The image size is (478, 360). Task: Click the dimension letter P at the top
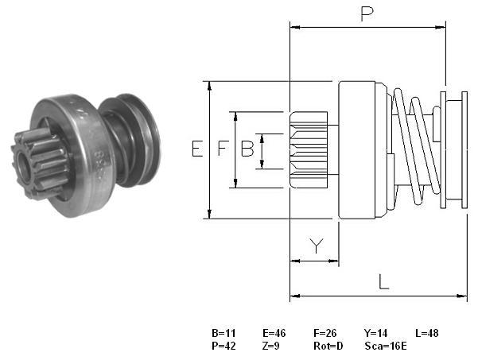(x=367, y=14)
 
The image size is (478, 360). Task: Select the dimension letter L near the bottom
(x=383, y=282)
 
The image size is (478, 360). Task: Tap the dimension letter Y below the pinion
(x=317, y=246)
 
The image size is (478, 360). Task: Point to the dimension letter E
(x=197, y=149)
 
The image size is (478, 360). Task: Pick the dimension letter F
(x=223, y=149)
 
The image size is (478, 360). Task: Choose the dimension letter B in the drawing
(x=247, y=149)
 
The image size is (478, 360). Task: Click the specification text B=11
(x=223, y=333)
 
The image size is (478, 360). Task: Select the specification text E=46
(x=274, y=333)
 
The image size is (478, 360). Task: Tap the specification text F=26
(x=325, y=333)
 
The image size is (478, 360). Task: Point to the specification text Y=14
(x=375, y=333)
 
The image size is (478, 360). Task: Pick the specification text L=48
(x=427, y=333)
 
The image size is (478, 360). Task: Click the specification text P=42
(x=223, y=346)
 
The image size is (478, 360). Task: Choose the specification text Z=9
(x=270, y=346)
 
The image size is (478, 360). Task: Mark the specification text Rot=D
(x=328, y=346)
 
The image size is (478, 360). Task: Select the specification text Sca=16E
(x=386, y=346)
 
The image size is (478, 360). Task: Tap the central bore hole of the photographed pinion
(x=23, y=167)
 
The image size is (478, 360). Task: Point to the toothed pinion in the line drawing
(x=309, y=149)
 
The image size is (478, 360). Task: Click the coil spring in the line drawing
(x=416, y=146)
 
